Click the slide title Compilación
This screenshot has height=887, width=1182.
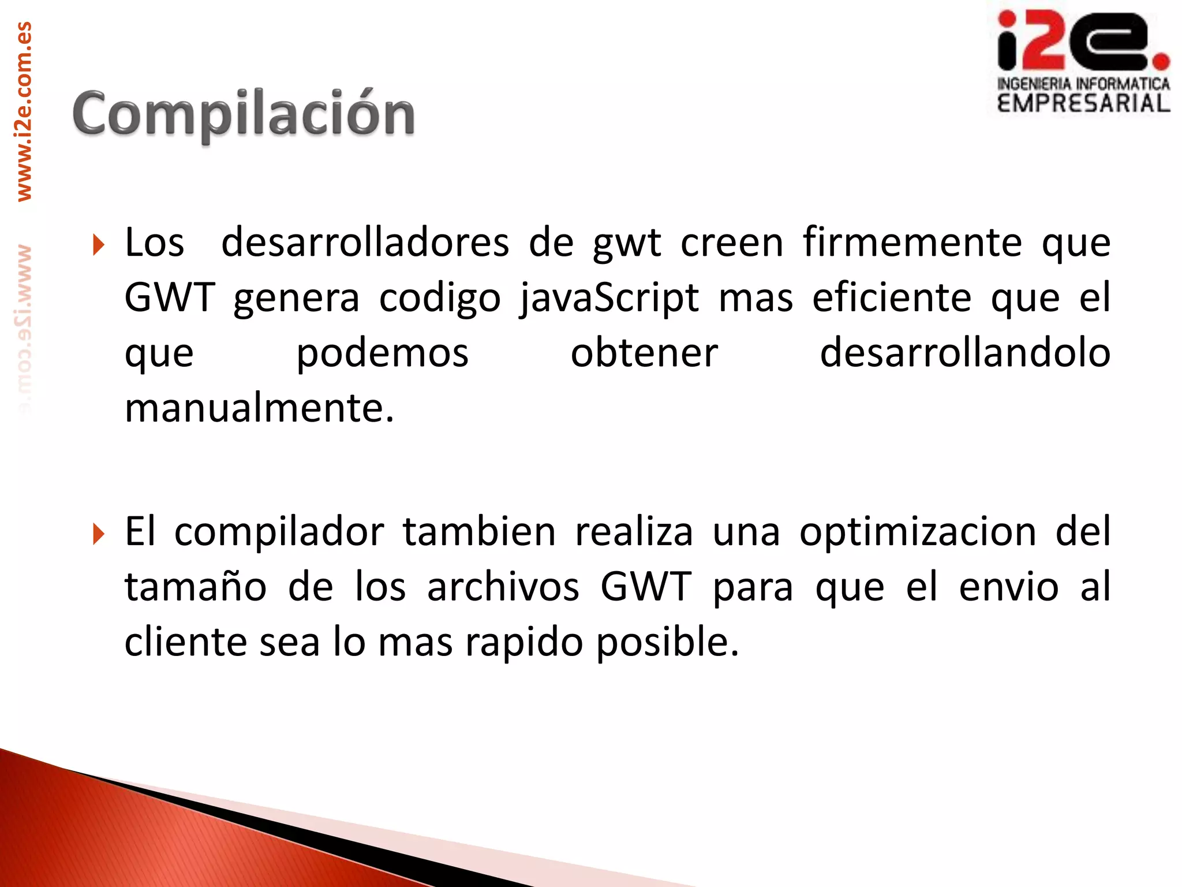(243, 114)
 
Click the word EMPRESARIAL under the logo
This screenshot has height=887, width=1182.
(1083, 103)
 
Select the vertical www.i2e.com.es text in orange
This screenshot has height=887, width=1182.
(24, 111)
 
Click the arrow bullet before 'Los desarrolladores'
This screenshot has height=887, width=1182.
(99, 245)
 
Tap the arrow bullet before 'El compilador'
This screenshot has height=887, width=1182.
(99, 534)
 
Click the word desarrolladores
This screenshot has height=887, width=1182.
(365, 243)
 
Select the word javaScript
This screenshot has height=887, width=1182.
(609, 298)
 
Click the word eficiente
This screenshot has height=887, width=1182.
(892, 298)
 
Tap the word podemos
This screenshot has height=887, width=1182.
(382, 353)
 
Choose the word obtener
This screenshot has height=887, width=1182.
(644, 353)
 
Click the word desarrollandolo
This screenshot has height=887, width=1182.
(965, 353)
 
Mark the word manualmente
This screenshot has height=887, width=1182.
(259, 408)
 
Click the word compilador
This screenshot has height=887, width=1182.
(279, 532)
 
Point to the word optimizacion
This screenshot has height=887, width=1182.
(918, 532)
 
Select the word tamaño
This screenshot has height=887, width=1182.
(196, 587)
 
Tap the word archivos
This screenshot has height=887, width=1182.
(503, 587)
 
